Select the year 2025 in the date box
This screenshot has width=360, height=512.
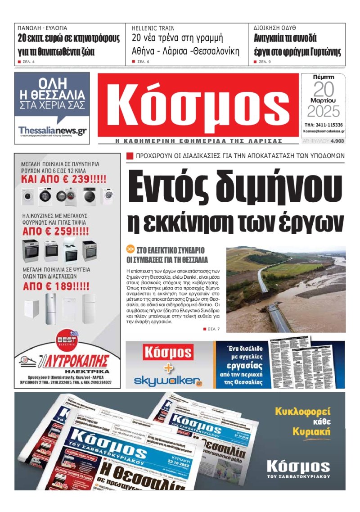(x=323, y=111)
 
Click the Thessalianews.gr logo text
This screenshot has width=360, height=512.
(x=52, y=130)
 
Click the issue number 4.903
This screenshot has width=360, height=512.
(x=337, y=141)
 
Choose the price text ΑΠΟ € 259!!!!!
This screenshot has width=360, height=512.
(x=56, y=233)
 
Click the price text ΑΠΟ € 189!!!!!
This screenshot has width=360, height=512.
(x=56, y=286)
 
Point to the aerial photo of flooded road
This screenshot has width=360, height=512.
(x=286, y=289)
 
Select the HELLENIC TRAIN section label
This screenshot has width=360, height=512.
(x=153, y=28)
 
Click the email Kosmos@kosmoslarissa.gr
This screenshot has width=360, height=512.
(x=324, y=131)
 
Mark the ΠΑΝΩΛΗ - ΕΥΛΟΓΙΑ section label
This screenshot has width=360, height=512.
(x=42, y=28)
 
